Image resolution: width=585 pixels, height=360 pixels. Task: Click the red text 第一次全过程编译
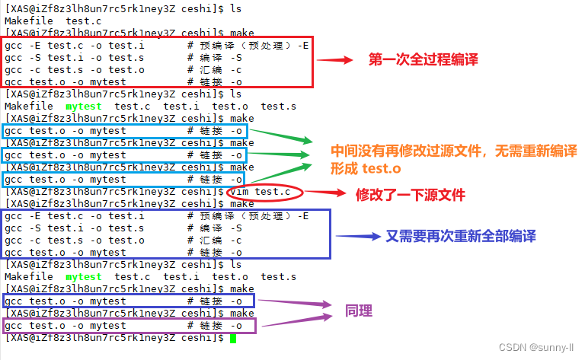coord(424,59)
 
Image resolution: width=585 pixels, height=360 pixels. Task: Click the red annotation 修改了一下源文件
coord(411,195)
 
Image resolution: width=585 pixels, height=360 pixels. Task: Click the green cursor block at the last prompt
coord(232,338)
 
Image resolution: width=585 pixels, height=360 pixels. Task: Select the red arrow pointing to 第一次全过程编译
coord(336,59)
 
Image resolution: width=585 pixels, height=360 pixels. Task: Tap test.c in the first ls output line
coord(85,21)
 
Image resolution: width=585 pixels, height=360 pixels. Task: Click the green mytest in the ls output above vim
coord(84,107)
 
